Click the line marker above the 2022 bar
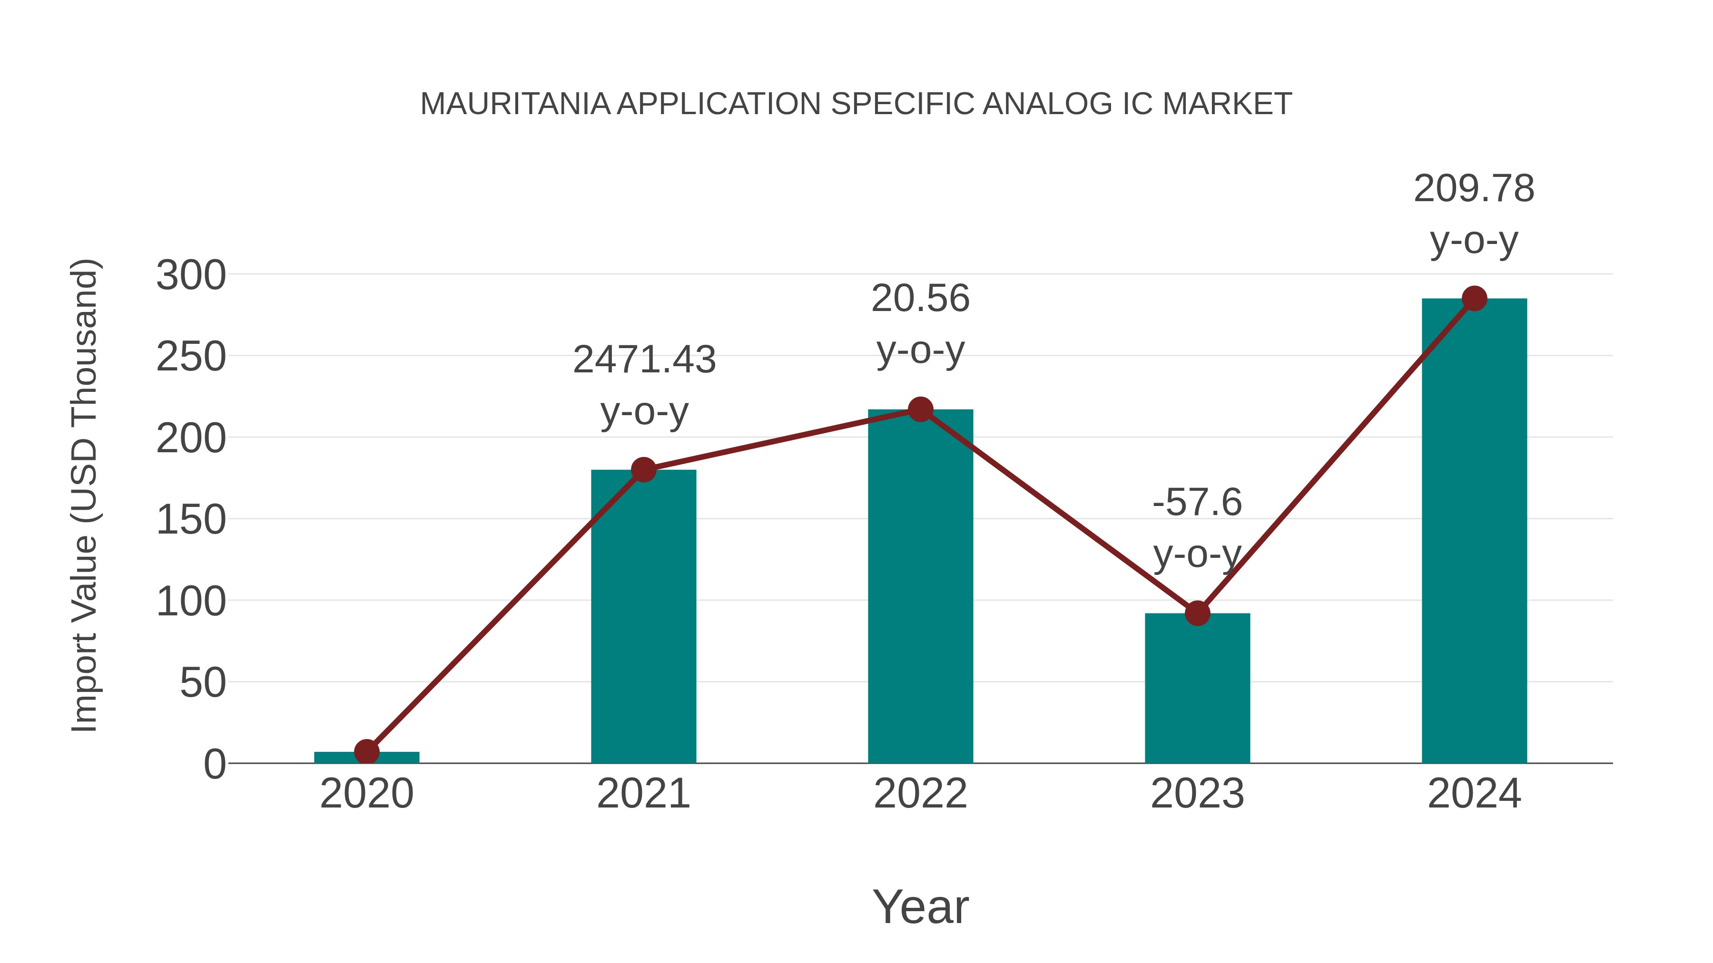coord(920,409)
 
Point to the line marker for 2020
coord(366,752)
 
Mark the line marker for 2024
coord(1474,298)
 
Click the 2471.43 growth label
coord(644,360)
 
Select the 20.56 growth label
coord(920,298)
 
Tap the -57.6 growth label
coord(1197,503)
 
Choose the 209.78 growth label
coord(1474,189)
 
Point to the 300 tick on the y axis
coord(191,275)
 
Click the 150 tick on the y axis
coord(191,520)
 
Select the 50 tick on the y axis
coord(202,682)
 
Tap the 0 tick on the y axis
coord(214,764)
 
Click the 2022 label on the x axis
coord(920,794)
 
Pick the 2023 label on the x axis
coord(1197,794)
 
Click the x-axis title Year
coord(920,906)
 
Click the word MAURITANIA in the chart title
coord(515,104)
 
